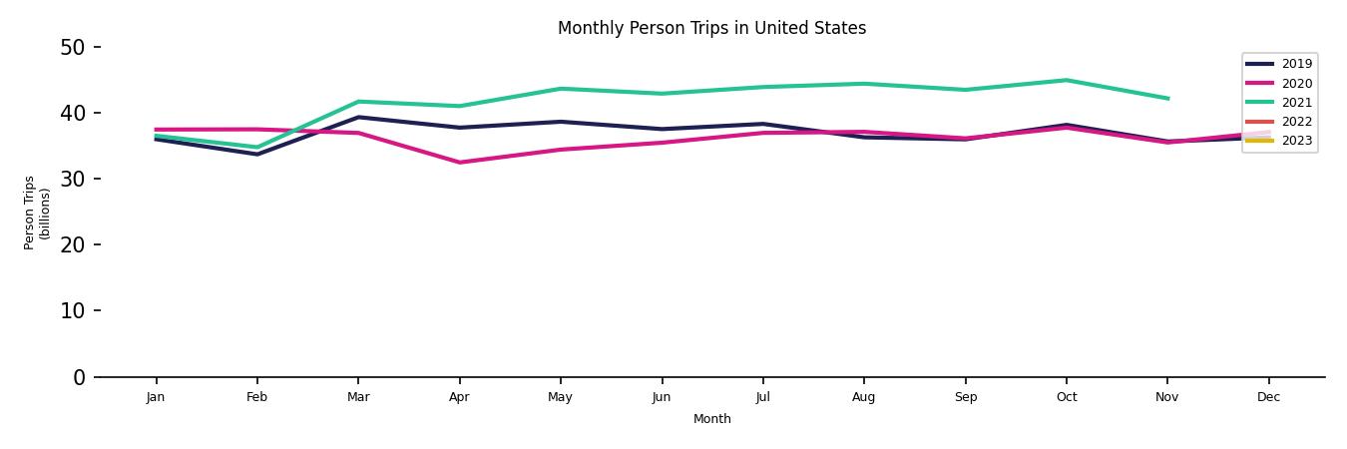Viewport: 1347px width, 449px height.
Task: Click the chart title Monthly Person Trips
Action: click(711, 28)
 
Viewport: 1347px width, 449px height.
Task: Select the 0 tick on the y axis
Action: click(79, 377)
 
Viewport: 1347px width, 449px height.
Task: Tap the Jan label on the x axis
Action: click(156, 397)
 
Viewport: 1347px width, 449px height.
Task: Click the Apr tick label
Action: click(459, 397)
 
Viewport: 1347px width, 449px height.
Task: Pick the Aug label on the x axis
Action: click(864, 397)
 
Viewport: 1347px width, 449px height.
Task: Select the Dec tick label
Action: click(1268, 397)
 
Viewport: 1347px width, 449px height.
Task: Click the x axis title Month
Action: click(712, 419)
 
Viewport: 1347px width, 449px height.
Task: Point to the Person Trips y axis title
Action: click(37, 213)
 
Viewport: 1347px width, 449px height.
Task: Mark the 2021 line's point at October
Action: click(1067, 80)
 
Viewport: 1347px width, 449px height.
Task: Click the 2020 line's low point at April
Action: click(459, 163)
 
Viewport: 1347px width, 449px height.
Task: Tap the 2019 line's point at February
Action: click(257, 154)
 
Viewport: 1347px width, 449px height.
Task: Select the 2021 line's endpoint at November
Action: click(1167, 99)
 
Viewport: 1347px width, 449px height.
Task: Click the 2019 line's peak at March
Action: click(358, 117)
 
